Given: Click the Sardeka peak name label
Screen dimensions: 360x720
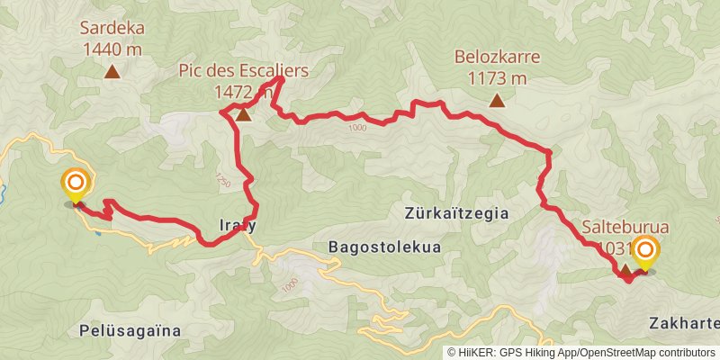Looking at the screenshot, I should (x=113, y=27).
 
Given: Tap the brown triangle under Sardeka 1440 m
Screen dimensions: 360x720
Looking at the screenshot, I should (x=113, y=72).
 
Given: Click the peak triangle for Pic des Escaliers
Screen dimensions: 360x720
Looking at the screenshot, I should (x=243, y=113).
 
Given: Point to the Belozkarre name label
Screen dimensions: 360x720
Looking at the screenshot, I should (x=497, y=57).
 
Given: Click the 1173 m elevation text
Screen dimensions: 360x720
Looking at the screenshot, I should (x=497, y=77).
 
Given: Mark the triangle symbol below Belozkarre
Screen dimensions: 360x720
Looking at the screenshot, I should (x=497, y=101).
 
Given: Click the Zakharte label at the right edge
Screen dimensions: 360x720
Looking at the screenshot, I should (x=685, y=322).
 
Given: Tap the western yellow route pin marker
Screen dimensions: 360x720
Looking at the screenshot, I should (x=75, y=185).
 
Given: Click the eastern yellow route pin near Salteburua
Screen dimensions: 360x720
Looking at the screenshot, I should (x=645, y=254).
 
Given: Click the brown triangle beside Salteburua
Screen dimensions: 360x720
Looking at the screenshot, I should (x=625, y=269).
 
